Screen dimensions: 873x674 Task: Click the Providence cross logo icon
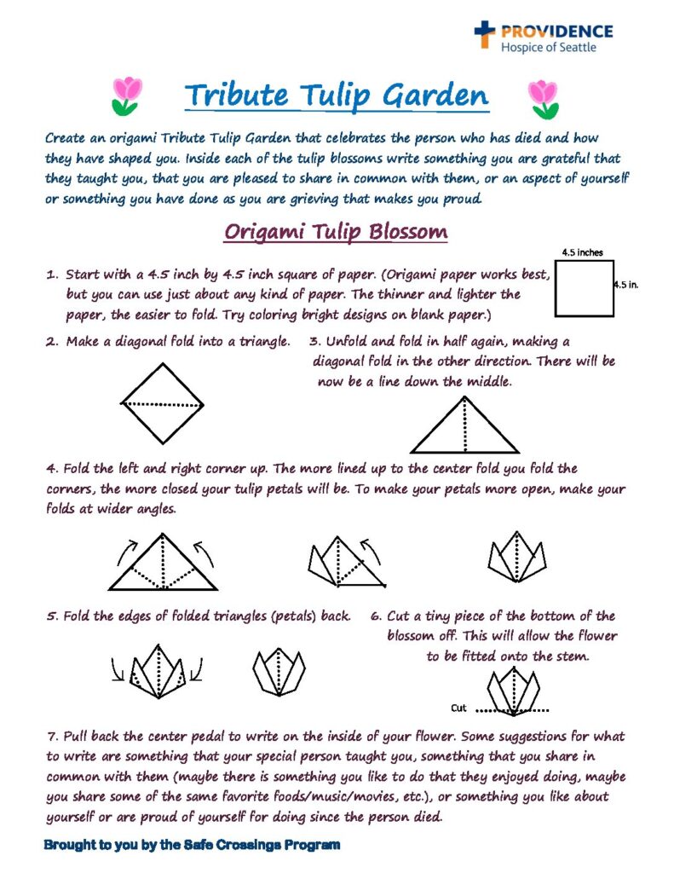pos(485,35)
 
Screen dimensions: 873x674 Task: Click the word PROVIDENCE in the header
pos(556,32)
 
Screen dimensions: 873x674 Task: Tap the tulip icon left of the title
pos(127,95)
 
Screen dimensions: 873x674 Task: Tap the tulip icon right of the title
pos(542,98)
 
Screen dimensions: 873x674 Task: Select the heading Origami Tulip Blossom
pos(336,232)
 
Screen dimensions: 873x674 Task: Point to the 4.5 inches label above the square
pos(583,252)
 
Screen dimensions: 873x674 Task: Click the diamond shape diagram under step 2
pos(164,403)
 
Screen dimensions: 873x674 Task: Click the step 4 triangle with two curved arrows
pos(163,562)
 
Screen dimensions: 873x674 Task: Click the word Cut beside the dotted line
pos(459,708)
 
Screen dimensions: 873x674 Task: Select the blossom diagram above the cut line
pos(514,689)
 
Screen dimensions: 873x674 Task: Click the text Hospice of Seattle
pos(548,48)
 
